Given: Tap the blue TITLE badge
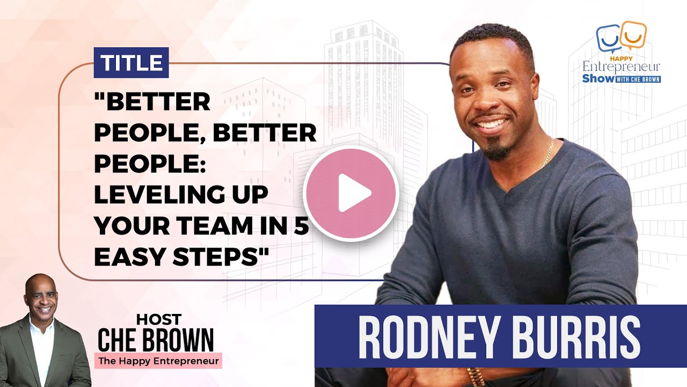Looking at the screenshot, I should (131, 63).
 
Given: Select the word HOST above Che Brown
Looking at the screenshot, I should (159, 320).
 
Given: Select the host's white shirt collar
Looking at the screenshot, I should (42, 324).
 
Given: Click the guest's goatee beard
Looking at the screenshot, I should (496, 150).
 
